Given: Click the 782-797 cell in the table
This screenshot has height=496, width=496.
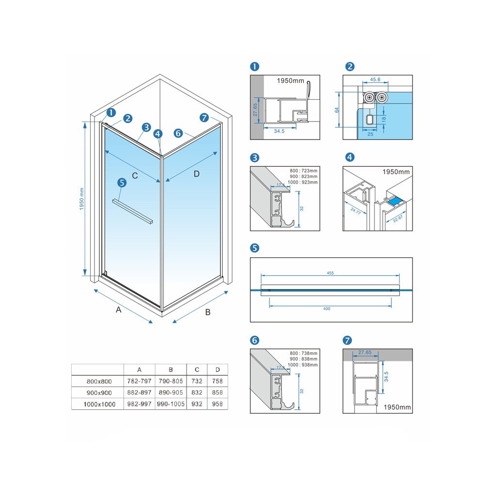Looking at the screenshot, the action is click(139, 381).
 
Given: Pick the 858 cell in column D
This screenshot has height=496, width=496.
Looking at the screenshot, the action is click(217, 393).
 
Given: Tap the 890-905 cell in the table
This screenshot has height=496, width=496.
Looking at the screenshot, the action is click(170, 393).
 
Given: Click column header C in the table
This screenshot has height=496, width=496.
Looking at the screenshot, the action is click(197, 370).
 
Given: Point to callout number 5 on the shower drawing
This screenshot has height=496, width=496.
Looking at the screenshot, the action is click(122, 183).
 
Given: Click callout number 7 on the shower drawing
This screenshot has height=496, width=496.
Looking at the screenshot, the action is click(204, 118).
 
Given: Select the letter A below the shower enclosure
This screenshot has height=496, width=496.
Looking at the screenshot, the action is click(119, 310).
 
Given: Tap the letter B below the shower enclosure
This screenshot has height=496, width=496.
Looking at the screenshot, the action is click(208, 312).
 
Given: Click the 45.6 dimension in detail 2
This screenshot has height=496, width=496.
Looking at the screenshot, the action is click(374, 80).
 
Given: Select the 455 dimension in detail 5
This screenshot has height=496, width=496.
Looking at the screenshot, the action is click(330, 273).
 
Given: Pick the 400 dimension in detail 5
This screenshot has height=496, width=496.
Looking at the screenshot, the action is click(326, 309).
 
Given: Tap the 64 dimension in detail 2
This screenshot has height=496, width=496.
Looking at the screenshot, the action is click(337, 110).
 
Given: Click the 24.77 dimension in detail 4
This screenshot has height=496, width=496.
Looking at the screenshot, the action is click(357, 210).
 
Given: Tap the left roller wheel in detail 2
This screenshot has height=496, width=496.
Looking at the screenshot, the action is click(370, 97).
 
